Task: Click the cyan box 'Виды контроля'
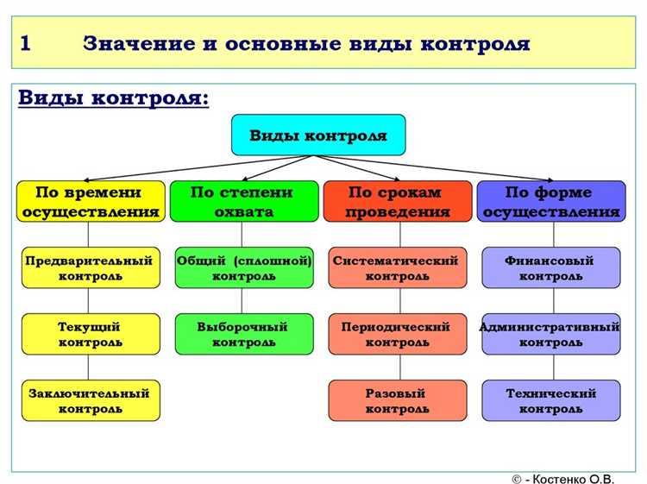click(317, 135)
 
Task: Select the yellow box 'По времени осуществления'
click(90, 202)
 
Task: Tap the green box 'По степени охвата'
click(242, 202)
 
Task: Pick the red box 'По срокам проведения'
click(399, 202)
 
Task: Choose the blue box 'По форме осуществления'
click(551, 202)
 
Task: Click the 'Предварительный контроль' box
click(90, 267)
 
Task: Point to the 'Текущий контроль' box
click(90, 334)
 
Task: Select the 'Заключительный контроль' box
click(90, 400)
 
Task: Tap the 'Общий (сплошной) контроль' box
click(244, 267)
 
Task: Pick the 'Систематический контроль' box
click(398, 267)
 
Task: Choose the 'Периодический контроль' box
click(398, 334)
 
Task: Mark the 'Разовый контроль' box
click(398, 400)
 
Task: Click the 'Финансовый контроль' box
click(551, 267)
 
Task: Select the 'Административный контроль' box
click(551, 334)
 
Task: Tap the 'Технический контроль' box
click(551, 400)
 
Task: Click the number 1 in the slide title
click(26, 43)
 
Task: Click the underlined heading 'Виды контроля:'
click(113, 97)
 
